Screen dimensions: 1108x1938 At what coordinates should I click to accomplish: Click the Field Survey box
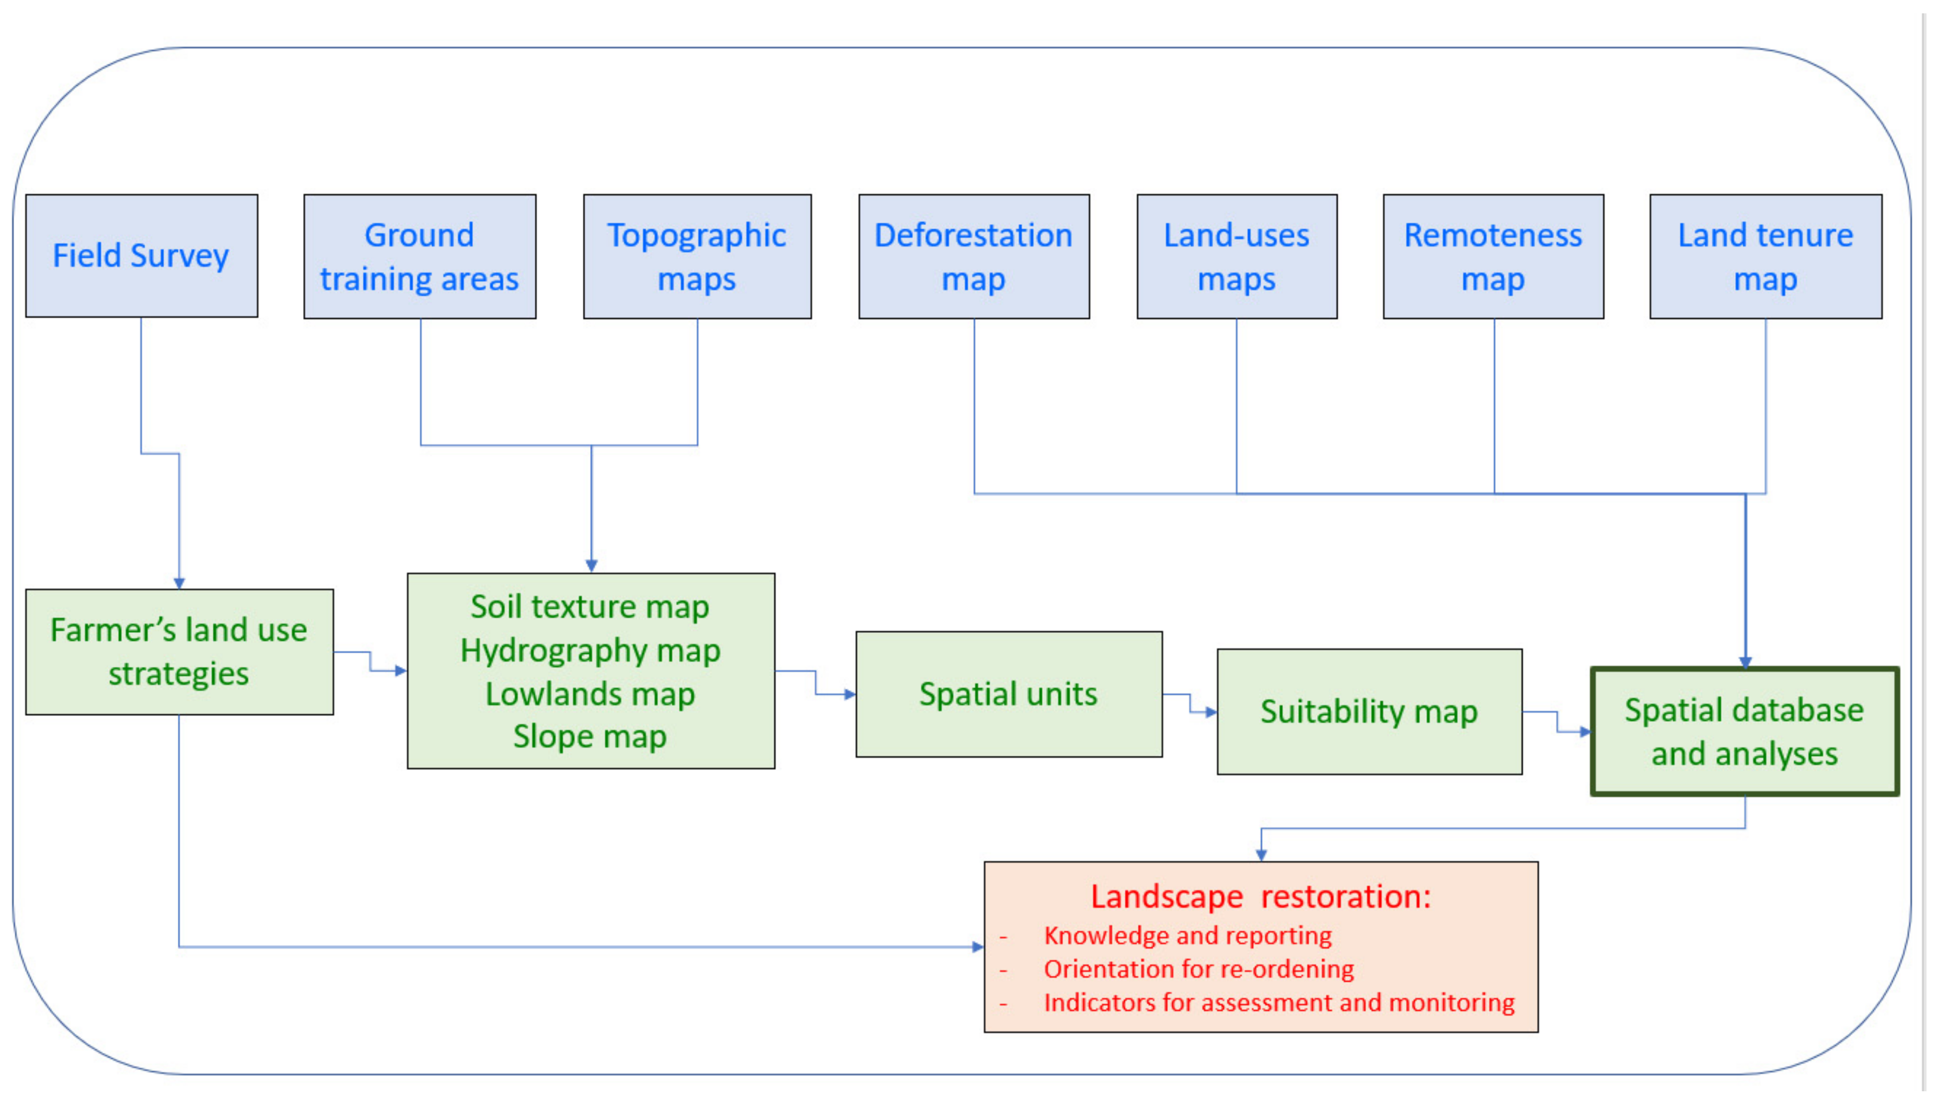142,256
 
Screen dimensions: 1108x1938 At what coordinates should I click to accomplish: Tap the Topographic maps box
697,257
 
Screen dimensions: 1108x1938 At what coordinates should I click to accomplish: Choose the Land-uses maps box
1237,257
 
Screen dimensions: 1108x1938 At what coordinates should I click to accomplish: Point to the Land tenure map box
1766,257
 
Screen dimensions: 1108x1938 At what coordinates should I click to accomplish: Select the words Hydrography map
591,651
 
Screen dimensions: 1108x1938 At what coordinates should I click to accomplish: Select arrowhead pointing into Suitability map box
1212,712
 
